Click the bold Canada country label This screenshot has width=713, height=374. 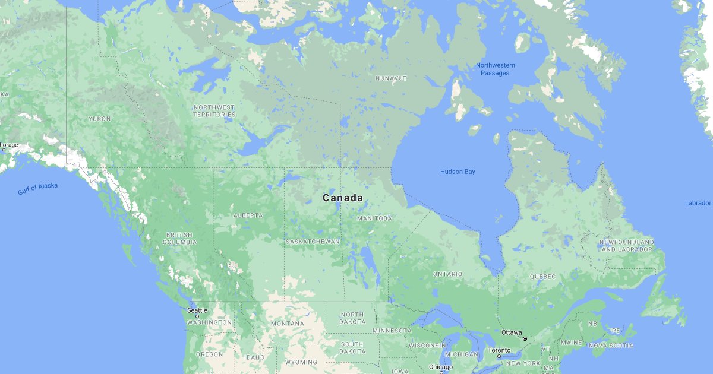(343, 198)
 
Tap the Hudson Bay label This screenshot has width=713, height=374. (458, 172)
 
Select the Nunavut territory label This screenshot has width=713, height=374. (391, 78)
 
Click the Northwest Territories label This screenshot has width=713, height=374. (214, 111)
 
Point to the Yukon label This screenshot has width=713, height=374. (99, 119)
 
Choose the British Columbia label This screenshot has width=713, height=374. (180, 239)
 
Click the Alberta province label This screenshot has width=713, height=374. (248, 215)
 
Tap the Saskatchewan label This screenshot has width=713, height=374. (313, 242)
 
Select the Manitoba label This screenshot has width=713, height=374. (374, 218)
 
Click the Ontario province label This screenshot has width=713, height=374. (447, 274)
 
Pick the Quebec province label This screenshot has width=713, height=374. (542, 277)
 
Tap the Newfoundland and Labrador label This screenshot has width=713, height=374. (627, 246)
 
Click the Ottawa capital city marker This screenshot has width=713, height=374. (525, 338)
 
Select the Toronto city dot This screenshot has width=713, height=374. (499, 356)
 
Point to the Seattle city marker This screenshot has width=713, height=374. (197, 316)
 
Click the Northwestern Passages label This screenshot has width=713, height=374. (495, 69)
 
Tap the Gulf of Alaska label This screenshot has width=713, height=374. (37, 189)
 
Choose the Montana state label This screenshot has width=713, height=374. (287, 324)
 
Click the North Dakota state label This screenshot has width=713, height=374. (352, 318)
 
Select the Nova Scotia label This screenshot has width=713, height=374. (611, 346)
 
